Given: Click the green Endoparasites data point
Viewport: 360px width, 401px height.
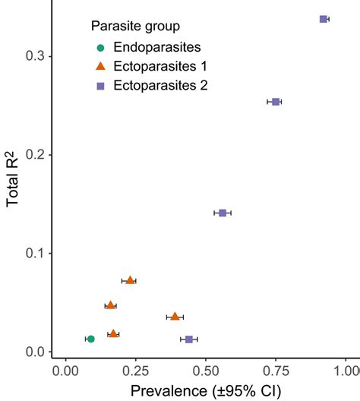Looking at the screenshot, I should coord(90,339).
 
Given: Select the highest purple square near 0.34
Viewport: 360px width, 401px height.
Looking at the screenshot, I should coord(324,19).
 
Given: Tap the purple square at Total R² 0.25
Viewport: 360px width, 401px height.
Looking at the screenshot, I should coord(276,102).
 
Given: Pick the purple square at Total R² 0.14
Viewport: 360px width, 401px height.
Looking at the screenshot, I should coord(223,213).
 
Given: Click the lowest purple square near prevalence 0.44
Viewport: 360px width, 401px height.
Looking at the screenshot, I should coord(189,339).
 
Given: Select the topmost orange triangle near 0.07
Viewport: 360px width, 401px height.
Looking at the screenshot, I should coord(130,280).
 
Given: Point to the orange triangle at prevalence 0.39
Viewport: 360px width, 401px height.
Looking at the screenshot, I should coord(175,316).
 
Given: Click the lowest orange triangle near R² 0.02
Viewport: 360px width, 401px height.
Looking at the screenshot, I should coord(113,333).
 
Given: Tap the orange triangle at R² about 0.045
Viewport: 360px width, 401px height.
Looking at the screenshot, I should coord(110,305).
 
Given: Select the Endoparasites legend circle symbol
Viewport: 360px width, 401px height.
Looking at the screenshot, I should coord(100,48).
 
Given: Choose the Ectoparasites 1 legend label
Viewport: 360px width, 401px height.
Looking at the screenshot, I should coord(159,67).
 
